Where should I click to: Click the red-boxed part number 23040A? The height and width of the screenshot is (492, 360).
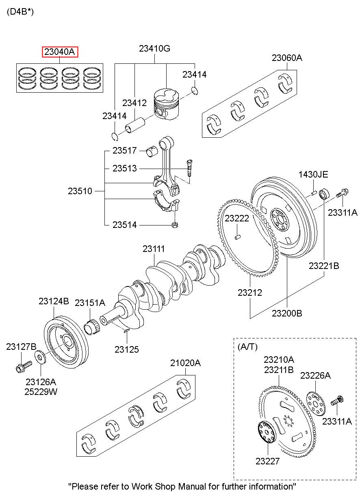click(60, 52)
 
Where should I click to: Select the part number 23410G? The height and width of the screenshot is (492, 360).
click(154, 48)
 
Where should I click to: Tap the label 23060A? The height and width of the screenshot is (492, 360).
click(287, 58)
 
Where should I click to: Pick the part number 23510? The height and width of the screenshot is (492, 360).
click(80, 191)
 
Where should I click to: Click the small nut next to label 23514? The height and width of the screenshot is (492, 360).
click(175, 225)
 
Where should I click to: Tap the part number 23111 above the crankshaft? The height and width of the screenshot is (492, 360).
click(154, 249)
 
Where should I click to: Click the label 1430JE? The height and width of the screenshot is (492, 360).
click(313, 175)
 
